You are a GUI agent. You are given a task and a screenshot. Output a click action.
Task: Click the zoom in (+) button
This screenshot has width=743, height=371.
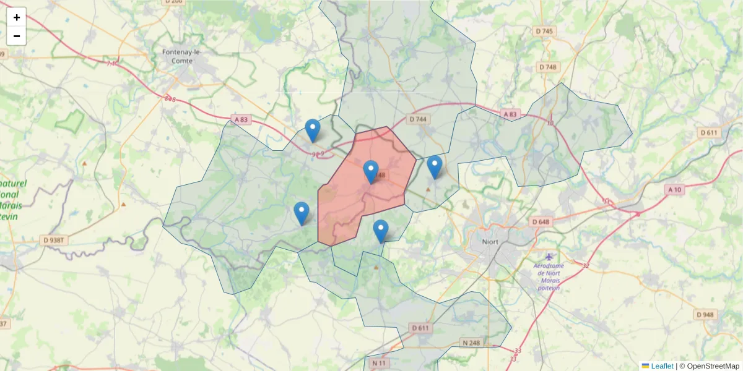[x=17, y=17]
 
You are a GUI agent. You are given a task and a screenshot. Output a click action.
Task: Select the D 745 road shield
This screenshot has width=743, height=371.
[x=544, y=31]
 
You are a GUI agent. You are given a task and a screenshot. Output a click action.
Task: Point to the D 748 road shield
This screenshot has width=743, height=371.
[x=548, y=67]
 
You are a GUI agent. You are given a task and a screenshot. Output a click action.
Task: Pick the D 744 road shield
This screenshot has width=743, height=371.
[x=418, y=119]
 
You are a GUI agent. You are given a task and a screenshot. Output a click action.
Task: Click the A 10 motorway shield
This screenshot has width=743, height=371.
[x=676, y=189]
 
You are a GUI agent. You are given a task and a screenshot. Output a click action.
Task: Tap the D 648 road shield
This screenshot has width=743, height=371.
[x=540, y=221]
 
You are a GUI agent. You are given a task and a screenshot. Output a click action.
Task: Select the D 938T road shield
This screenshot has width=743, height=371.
[x=54, y=239]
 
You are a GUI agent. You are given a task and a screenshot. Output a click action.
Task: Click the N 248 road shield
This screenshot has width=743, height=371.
[x=471, y=343]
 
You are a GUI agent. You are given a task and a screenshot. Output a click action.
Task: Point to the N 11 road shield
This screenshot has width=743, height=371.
[x=379, y=363]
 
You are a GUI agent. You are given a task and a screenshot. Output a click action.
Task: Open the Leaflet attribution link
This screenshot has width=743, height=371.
[x=662, y=366]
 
